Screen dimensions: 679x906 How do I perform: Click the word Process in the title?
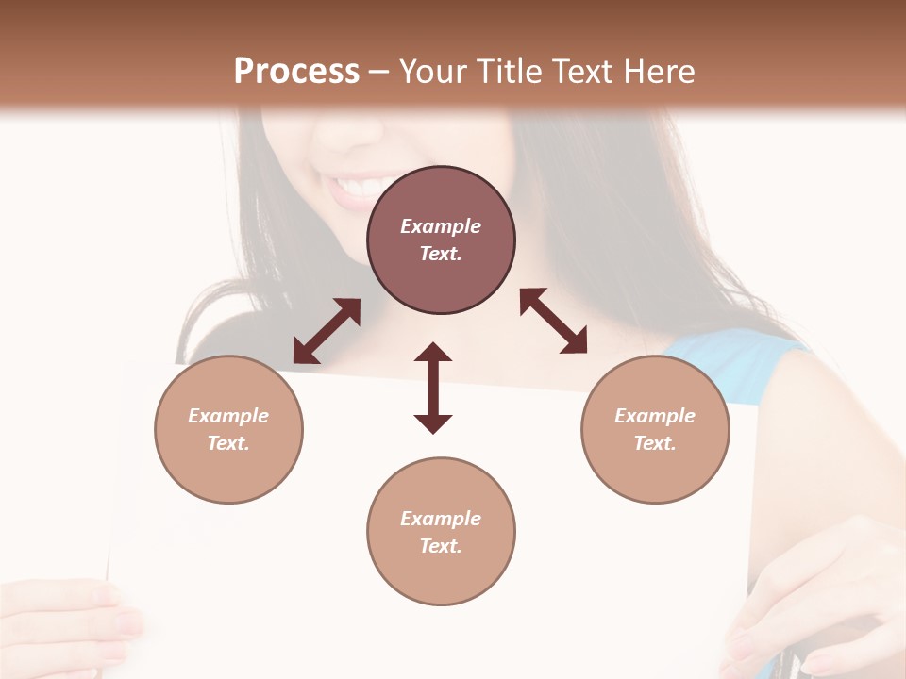pyautogui.click(x=296, y=72)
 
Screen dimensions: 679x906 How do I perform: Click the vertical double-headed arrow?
pyautogui.click(x=433, y=388)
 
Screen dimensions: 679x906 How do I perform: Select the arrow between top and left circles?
pyautogui.click(x=327, y=331)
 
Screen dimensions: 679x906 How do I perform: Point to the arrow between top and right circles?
pyautogui.click(x=553, y=322)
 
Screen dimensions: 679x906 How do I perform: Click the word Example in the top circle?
pyautogui.click(x=441, y=226)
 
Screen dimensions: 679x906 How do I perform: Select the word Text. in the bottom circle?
pyautogui.click(x=441, y=546)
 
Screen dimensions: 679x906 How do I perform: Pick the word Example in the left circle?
pyautogui.click(x=228, y=416)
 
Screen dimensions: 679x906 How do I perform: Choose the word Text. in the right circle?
pyautogui.click(x=655, y=443)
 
